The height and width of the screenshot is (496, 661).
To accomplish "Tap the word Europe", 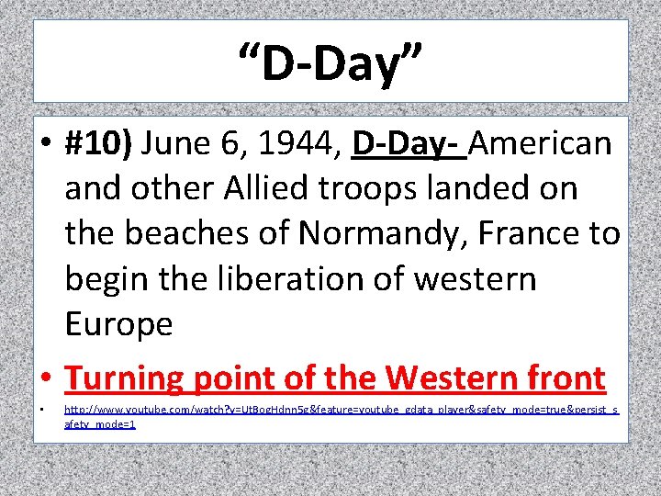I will tap(118, 324).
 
